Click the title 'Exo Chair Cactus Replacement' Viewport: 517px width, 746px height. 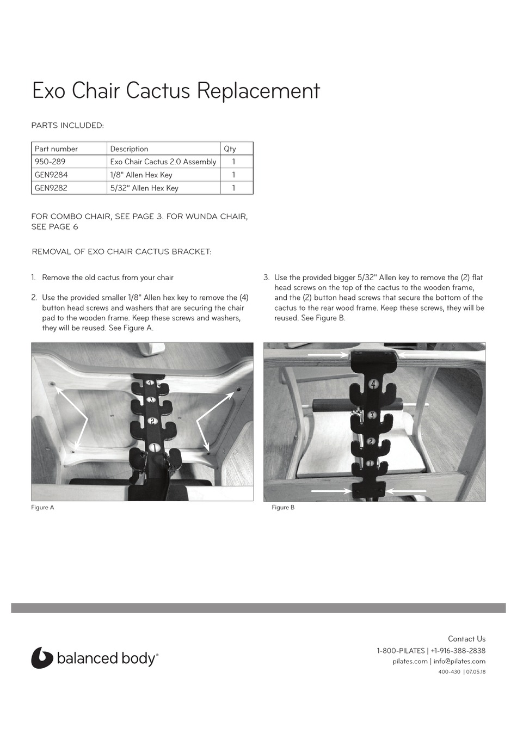coord(176,90)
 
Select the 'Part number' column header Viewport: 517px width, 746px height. coord(56,149)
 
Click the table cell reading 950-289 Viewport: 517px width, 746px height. coord(50,162)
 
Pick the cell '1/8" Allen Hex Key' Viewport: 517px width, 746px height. coord(141,175)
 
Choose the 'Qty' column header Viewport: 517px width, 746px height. coord(230,149)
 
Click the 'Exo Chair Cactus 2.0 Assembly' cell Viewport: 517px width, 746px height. coord(163,162)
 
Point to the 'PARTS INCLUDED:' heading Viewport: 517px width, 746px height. coord(67,126)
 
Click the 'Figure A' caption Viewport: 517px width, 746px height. coord(42,507)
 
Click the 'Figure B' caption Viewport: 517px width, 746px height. coord(283,507)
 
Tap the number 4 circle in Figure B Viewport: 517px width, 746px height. coord(374,384)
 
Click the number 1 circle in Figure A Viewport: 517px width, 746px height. coord(154,447)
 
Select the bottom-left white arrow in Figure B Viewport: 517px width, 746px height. coord(331,490)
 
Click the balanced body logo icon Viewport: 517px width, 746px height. coord(41,657)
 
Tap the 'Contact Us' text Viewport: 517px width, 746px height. coord(466,639)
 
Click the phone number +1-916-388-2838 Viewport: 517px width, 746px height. coord(458,651)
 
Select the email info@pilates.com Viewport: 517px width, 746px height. coord(459,661)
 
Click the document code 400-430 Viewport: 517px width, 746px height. coord(450,671)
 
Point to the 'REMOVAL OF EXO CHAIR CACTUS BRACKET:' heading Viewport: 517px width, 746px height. coord(121,251)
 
